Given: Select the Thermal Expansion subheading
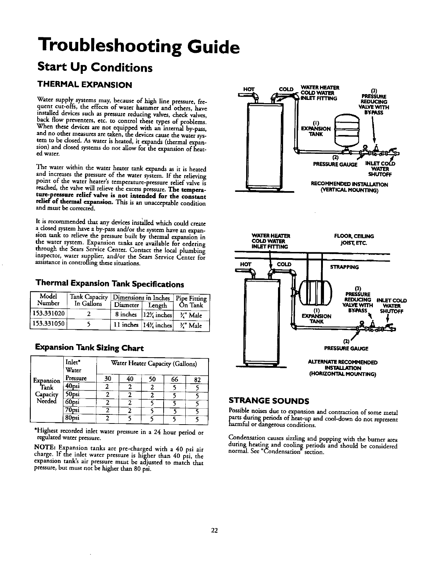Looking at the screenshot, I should tap(85, 85).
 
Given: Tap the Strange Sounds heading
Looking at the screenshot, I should tap(269, 401).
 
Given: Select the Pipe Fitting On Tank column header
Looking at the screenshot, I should tap(191, 302).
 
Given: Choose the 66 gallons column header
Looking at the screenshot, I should tap(174, 379).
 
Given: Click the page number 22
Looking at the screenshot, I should tap(214, 531).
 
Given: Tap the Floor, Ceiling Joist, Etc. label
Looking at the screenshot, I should tap(354, 239).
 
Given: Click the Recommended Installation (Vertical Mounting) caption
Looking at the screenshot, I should tap(349, 187).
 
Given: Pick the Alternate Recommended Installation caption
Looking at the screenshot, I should tap(342, 368).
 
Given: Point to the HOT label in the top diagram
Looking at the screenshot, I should tap(249, 89).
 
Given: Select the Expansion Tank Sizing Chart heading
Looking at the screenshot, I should tap(89, 348).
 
